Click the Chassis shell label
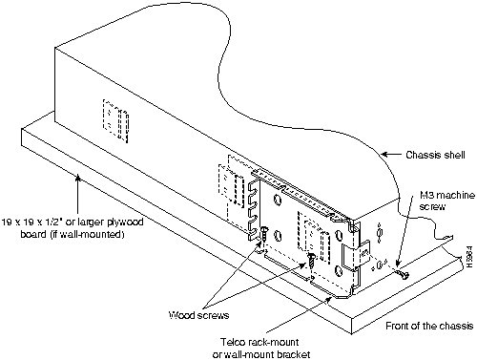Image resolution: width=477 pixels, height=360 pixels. (x=435, y=155)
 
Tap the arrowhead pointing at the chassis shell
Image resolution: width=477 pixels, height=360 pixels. (x=384, y=155)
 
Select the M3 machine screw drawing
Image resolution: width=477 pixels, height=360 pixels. (x=403, y=274)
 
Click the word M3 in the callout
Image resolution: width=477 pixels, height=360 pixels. (x=426, y=195)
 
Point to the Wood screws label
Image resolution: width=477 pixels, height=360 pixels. (x=198, y=315)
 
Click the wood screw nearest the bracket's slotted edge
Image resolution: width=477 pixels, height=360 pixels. (x=265, y=233)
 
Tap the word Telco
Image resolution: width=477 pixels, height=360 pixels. (x=233, y=342)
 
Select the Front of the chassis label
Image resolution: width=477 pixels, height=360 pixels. (x=429, y=326)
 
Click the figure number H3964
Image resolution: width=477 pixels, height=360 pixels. (x=470, y=257)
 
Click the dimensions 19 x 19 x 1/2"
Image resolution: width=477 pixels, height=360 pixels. (x=34, y=222)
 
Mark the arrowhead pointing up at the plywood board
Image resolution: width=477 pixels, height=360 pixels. (x=78, y=177)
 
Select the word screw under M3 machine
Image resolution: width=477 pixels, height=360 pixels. (x=432, y=207)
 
